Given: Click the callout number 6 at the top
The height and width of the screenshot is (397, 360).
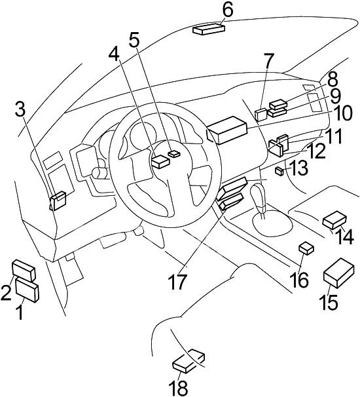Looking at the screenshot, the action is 227,10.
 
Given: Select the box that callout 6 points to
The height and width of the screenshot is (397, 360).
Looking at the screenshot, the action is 209,28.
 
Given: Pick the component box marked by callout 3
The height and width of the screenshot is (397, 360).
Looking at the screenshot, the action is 58,201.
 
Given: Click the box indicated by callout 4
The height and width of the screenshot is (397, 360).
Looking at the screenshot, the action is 160,161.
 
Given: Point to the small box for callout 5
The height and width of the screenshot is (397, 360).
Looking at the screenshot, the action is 175,153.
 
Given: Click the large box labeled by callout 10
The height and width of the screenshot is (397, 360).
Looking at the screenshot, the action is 226,130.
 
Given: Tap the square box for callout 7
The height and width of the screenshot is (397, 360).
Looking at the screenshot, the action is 261,115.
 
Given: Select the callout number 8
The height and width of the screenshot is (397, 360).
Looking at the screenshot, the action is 331,79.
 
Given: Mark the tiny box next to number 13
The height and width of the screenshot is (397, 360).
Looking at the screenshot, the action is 279,171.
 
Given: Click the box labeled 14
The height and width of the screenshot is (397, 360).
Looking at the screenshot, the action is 334,219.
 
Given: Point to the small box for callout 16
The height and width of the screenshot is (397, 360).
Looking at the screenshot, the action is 306,248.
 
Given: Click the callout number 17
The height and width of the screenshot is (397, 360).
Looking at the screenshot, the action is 178,282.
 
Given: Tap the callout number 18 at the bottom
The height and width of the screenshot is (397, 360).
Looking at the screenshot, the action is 179,387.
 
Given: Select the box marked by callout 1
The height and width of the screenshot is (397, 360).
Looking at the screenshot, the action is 27,290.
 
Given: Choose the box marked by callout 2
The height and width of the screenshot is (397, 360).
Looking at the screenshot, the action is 24,271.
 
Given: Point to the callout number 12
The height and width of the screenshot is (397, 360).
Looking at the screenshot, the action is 315,151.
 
